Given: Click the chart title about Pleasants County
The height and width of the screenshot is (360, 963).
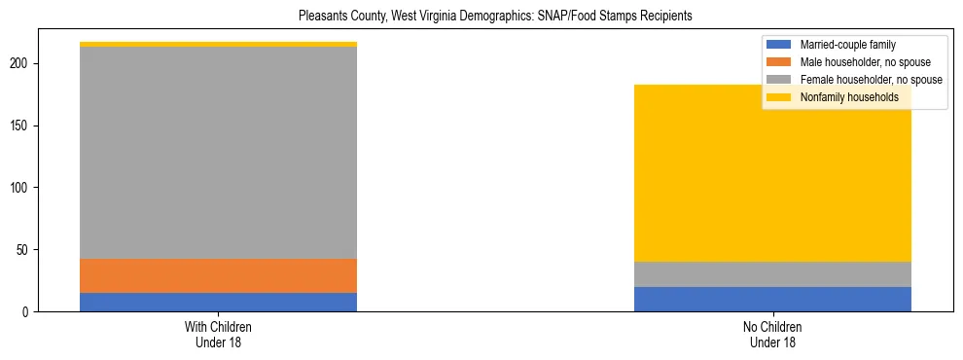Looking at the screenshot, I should (x=481, y=16).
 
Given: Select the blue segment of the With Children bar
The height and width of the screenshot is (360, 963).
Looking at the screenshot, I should (x=218, y=302).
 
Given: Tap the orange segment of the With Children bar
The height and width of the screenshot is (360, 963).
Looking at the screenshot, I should (x=218, y=275).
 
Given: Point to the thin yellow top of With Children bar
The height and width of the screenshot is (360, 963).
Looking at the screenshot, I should (x=218, y=44).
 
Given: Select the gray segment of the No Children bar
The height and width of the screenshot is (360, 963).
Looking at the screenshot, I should (x=772, y=274).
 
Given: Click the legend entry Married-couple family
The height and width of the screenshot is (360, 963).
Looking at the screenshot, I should (x=847, y=45).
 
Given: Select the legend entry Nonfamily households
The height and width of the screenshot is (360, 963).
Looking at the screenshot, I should (x=842, y=97).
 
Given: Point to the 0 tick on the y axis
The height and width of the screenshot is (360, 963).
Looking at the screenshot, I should (x=29, y=311).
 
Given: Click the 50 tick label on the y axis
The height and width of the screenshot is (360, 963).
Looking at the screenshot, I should (x=26, y=249).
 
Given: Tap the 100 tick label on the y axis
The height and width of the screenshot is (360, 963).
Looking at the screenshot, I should (x=23, y=187).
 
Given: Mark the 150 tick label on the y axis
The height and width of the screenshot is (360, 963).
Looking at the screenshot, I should (x=23, y=126).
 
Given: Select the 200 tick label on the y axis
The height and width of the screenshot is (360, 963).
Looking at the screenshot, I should (x=23, y=63).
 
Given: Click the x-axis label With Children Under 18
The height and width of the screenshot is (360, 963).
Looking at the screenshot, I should (x=218, y=334).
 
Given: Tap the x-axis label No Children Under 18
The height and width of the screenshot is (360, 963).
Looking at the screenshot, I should (x=772, y=334).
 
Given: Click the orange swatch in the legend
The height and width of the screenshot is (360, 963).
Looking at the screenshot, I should (x=779, y=62).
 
